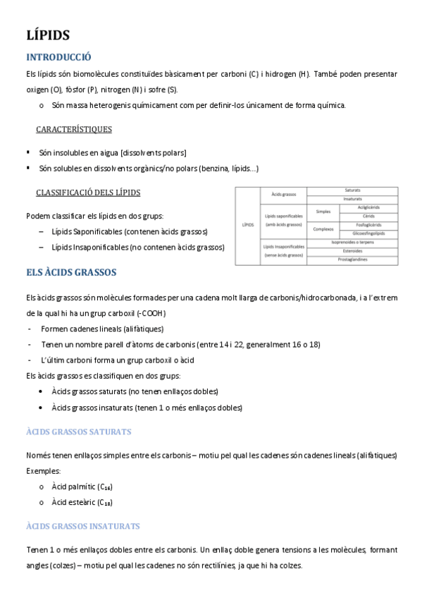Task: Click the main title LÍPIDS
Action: pyautogui.click(x=47, y=35)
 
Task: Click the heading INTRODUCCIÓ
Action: pyautogui.click(x=58, y=58)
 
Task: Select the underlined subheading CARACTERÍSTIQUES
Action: pyautogui.click(x=74, y=130)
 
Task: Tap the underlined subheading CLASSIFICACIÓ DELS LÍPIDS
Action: pyautogui.click(x=88, y=193)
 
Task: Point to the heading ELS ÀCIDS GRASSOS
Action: pyautogui.click(x=70, y=271)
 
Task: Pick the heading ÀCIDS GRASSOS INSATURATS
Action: pyautogui.click(x=82, y=526)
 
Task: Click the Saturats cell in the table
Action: pyautogui.click(x=353, y=190)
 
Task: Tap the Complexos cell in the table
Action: pyautogui.click(x=323, y=228)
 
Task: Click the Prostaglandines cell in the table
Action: pyautogui.click(x=353, y=260)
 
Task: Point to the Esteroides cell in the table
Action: pyautogui.click(x=353, y=250)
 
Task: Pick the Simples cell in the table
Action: pyautogui.click(x=323, y=211)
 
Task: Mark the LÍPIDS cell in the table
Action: pyautogui.click(x=247, y=225)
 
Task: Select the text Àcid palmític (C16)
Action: pyautogui.click(x=82, y=487)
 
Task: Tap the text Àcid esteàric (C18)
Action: pyautogui.click(x=82, y=502)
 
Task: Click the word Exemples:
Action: pyautogui.click(x=44, y=469)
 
